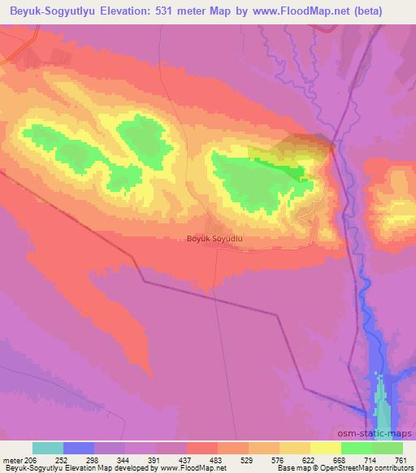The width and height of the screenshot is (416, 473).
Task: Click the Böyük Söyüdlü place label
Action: pos(215,239)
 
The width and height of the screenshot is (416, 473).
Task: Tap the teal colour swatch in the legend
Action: pos(48,448)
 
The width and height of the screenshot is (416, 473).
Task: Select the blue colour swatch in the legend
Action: pos(79,448)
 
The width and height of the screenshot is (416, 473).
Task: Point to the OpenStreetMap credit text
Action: pos(383,468)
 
